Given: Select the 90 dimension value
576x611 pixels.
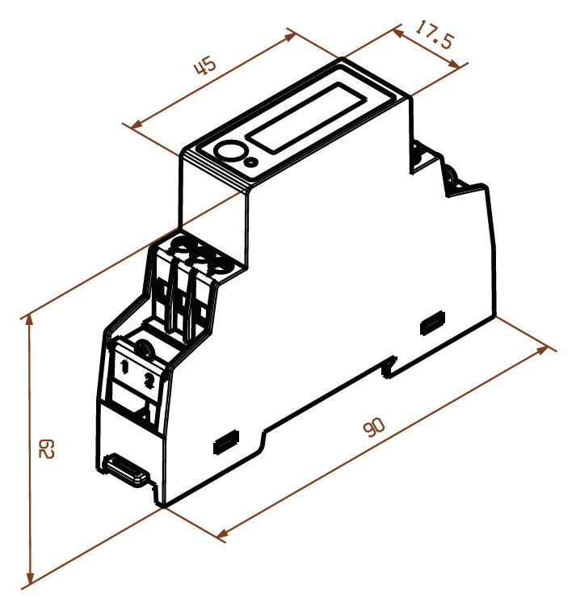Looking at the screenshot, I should click(374, 429).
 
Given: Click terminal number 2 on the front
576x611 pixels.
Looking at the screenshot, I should click(149, 381).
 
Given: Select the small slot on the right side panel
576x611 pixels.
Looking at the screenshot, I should click(432, 323).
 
